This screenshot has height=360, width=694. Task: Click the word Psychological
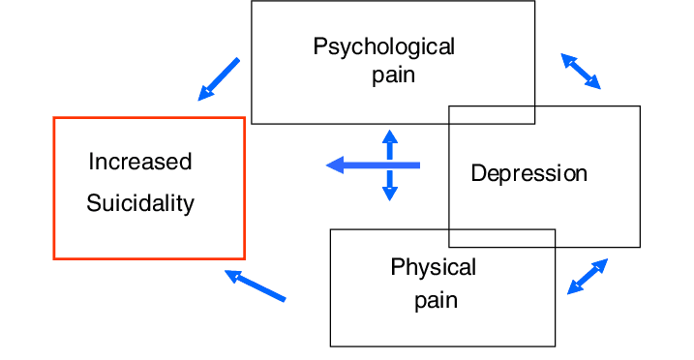click(383, 47)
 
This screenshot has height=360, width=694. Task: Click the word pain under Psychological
click(394, 75)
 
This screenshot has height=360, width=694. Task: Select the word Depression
click(528, 173)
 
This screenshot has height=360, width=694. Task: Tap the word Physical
click(434, 268)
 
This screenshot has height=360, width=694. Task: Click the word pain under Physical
click(436, 302)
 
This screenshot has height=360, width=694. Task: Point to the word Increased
click(139, 162)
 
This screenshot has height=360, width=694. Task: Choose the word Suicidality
click(140, 203)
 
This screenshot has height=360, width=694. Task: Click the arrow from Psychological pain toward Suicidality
click(219, 79)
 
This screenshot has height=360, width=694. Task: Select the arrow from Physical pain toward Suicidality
click(256, 285)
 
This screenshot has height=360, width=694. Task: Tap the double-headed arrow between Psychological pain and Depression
click(581, 72)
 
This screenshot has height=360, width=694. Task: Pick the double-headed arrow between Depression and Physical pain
click(588, 277)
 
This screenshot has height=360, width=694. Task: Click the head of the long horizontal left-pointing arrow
click(335, 165)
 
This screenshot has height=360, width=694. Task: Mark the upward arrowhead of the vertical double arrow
click(389, 136)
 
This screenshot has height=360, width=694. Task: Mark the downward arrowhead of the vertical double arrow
click(389, 195)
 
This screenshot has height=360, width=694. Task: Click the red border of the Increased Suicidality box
click(54, 188)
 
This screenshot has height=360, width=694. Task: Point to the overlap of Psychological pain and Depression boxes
click(492, 115)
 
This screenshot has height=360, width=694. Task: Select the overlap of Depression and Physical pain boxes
click(502, 238)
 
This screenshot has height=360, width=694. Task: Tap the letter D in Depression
click(478, 172)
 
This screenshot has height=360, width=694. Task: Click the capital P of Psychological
click(320, 46)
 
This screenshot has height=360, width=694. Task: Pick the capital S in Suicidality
click(95, 203)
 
